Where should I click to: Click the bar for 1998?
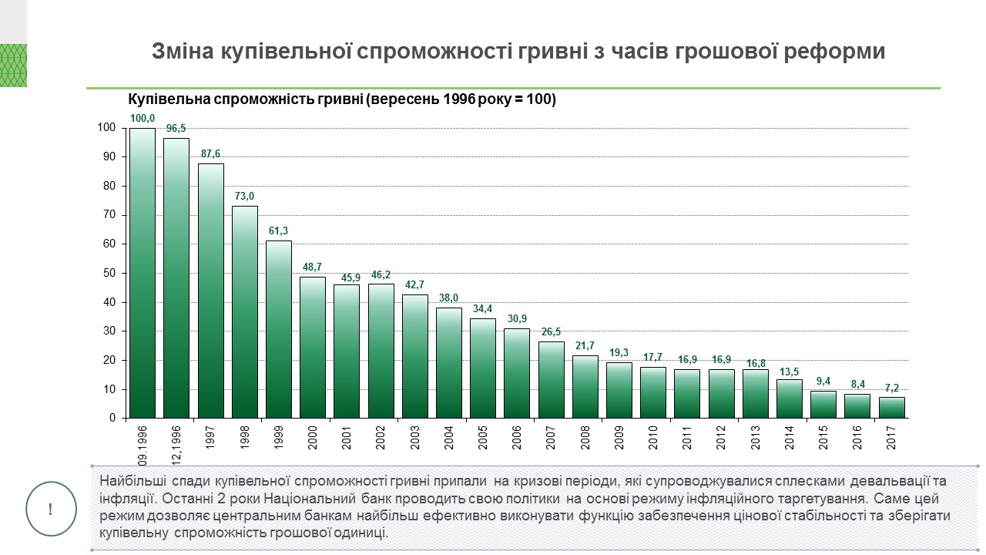245,312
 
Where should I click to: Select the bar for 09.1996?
143,273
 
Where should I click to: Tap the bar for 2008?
585,387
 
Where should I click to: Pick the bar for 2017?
892,408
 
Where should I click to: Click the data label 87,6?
210,153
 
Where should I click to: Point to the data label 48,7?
313,267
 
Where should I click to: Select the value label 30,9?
517,319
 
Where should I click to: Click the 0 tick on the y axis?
112,419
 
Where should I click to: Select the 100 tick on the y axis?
106,128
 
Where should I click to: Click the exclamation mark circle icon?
51,510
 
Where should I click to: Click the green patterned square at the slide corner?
13,66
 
